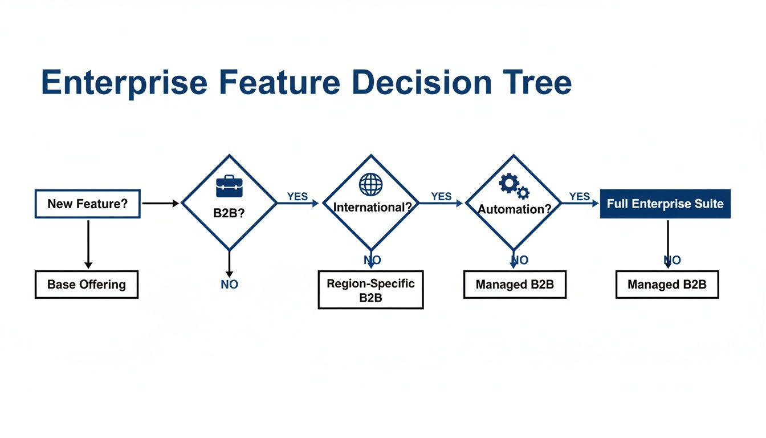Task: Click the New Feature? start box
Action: coord(87,204)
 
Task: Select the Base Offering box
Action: coord(87,285)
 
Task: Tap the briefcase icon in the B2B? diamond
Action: coord(229,186)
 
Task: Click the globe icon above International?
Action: coord(371,185)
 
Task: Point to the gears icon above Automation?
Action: coord(514,185)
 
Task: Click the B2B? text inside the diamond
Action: coord(229,213)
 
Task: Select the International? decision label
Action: coord(372,208)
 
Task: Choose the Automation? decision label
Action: coord(514,209)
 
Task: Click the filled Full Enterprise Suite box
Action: coord(665,204)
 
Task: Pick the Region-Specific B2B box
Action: coord(370,290)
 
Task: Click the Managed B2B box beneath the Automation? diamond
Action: coord(515,285)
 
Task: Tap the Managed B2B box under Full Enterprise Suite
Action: coord(667,285)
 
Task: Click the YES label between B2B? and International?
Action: coord(298,196)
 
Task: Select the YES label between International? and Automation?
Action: coord(441,196)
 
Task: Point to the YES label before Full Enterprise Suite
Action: coord(580,196)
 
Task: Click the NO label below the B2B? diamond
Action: coord(229,284)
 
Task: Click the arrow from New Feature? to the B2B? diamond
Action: coord(160,203)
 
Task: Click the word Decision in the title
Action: coord(421,83)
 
